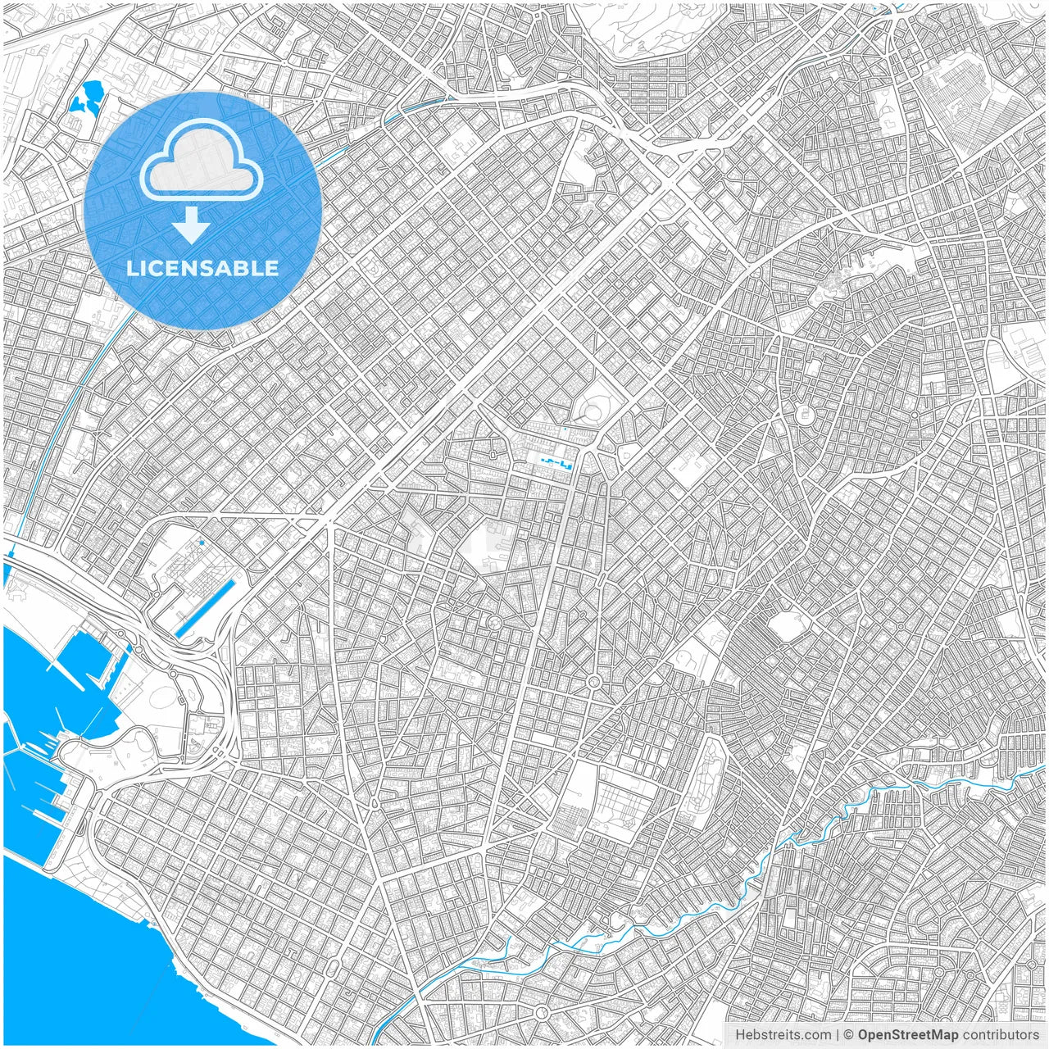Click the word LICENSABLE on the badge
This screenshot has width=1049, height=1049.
[202, 268]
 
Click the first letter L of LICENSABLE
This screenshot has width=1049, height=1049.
[131, 268]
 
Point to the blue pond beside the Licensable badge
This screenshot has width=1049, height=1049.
[87, 99]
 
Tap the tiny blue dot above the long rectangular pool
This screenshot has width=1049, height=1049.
[201, 542]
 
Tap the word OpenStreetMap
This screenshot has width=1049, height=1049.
[907, 1035]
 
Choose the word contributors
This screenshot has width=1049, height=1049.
[1000, 1035]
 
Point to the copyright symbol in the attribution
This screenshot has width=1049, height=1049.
[850, 1035]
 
